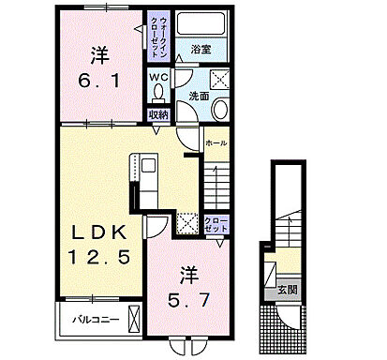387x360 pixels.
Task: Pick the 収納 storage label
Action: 157,114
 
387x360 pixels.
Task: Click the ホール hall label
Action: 216,142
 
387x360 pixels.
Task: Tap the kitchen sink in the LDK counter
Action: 149,169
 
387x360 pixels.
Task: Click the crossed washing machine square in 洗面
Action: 221,79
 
